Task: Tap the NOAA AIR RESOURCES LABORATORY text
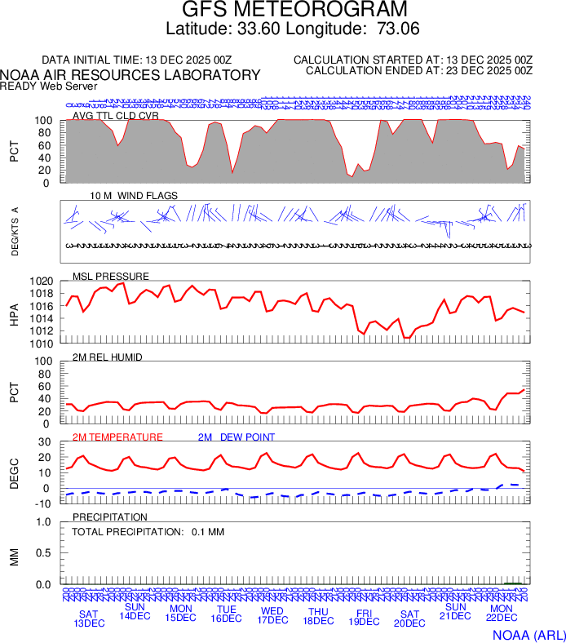tap(130, 75)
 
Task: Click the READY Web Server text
tap(49, 86)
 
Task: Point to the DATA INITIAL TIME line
tap(137, 60)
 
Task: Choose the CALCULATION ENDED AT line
tap(419, 71)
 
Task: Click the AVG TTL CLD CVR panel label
tap(115, 116)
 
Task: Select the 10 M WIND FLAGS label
tap(134, 196)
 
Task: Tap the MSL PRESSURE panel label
tap(111, 276)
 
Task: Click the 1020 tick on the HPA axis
tap(42, 282)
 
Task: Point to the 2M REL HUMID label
tap(108, 357)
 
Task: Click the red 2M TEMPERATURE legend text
tap(117, 437)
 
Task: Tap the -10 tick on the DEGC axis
tap(45, 503)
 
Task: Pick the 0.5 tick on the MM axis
tap(46, 553)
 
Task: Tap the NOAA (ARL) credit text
tap(527, 634)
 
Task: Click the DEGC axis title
tap(14, 472)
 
